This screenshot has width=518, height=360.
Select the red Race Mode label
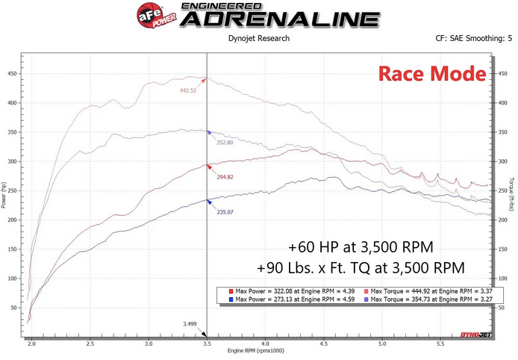tap(431, 73)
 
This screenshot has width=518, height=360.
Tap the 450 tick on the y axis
tap(12, 73)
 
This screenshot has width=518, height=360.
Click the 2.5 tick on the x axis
tap(90, 344)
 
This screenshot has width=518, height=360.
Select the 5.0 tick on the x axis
tap(382, 344)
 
